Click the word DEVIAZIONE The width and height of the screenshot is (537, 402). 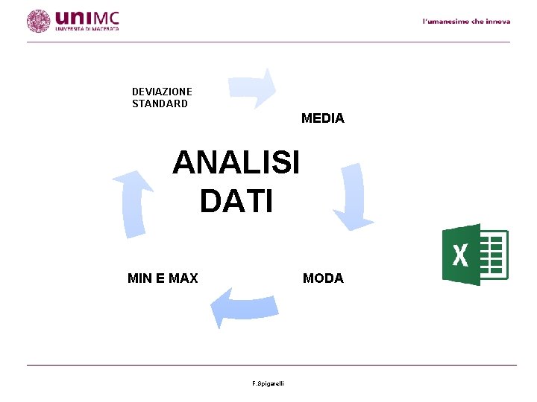tap(162, 92)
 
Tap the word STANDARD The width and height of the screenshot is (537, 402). tap(160, 103)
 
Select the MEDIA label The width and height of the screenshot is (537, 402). tap(322, 118)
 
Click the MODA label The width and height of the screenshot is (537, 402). tap(323, 278)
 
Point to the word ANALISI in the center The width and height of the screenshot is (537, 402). tap(236, 162)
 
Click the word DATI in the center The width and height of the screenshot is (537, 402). tap(236, 201)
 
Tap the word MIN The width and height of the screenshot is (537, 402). tap(140, 278)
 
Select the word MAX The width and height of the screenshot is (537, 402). tap(183, 278)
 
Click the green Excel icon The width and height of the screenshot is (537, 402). tap(474, 255)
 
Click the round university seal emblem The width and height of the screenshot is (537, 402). tap(38, 21)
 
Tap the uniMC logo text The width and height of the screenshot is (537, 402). tap(87, 16)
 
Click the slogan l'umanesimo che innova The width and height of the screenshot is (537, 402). tap(466, 22)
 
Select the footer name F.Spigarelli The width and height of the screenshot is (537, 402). tap(273, 383)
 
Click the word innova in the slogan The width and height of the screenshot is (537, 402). tap(497, 22)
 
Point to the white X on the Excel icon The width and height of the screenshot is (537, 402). tap(460, 255)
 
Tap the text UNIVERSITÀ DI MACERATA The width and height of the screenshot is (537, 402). tap(87, 29)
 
